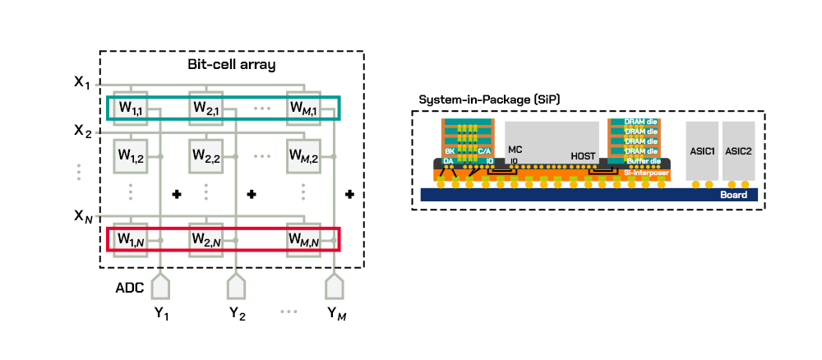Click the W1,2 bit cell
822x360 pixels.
131,155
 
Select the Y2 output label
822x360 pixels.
236,313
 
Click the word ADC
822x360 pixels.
129,288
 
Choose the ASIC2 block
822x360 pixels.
738,151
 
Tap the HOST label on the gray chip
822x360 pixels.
583,155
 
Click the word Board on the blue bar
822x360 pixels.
733,196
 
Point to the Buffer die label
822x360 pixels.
640,162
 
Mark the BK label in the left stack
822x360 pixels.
450,151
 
